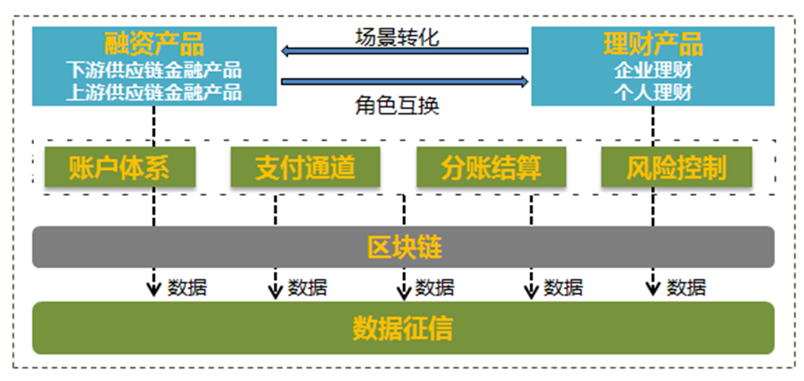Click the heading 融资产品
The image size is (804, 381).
[x=154, y=45]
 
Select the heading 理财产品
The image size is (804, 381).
[x=653, y=45]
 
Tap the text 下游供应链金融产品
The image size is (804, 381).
[x=154, y=70]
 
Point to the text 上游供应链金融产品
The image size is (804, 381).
[x=154, y=92]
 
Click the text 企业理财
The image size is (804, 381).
[x=653, y=70]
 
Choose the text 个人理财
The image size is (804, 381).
[x=653, y=92]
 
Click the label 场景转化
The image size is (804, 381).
[x=398, y=37]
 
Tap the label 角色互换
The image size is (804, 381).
[x=398, y=106]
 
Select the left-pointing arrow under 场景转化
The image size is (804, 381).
[x=405, y=51]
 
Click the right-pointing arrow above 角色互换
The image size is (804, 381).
[x=405, y=81]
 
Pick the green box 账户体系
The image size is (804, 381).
[x=120, y=167]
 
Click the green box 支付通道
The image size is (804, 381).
[x=305, y=167]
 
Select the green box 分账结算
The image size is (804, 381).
[x=492, y=167]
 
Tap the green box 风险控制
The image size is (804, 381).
[x=676, y=167]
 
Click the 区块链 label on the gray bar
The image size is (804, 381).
[x=405, y=248]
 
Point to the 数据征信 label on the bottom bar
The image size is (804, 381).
[x=403, y=328]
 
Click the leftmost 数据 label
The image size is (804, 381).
[x=187, y=287]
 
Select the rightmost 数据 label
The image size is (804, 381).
[x=686, y=287]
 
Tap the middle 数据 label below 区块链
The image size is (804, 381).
[x=434, y=287]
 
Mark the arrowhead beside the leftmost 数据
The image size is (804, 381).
[x=153, y=290]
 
